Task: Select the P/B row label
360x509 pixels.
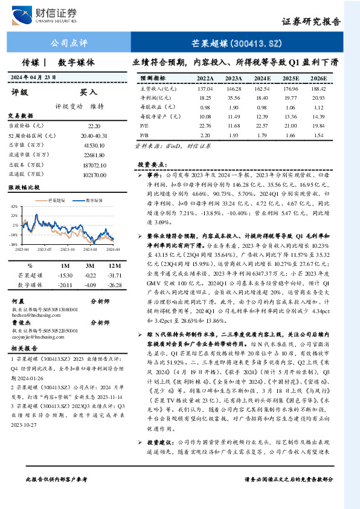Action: [x=144, y=136]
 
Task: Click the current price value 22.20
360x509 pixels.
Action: [x=94, y=126]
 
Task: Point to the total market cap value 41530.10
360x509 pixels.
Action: [x=94, y=146]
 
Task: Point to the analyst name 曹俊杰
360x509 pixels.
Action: [x=23, y=323]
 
